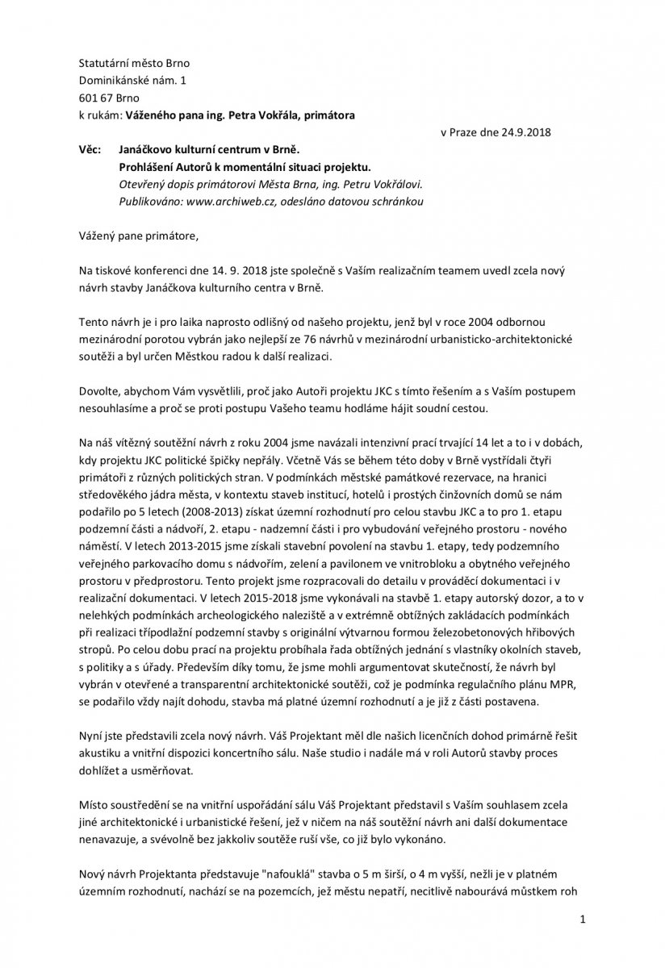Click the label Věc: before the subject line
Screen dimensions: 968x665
[90, 150]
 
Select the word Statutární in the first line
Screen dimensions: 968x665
[103, 63]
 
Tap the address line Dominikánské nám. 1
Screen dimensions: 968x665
[131, 81]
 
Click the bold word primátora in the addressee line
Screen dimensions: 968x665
[329, 115]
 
